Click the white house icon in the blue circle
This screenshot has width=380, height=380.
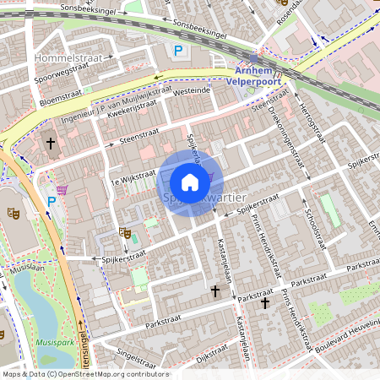coord(190,182)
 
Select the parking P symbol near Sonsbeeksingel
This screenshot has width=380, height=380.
coord(178,52)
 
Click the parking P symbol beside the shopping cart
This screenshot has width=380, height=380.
coord(52,202)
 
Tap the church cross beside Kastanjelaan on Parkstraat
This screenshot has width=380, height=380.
coord(215,291)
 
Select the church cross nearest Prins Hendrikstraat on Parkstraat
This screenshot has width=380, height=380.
coord(265,302)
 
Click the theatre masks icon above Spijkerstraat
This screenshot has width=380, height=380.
coord(125,233)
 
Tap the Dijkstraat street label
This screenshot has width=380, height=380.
coord(211,359)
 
